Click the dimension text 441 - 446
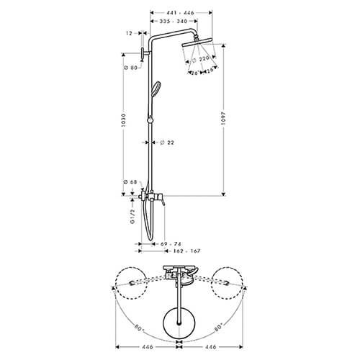(x=180, y=13)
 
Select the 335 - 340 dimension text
(x=176, y=23)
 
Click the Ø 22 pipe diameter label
(x=171, y=142)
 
